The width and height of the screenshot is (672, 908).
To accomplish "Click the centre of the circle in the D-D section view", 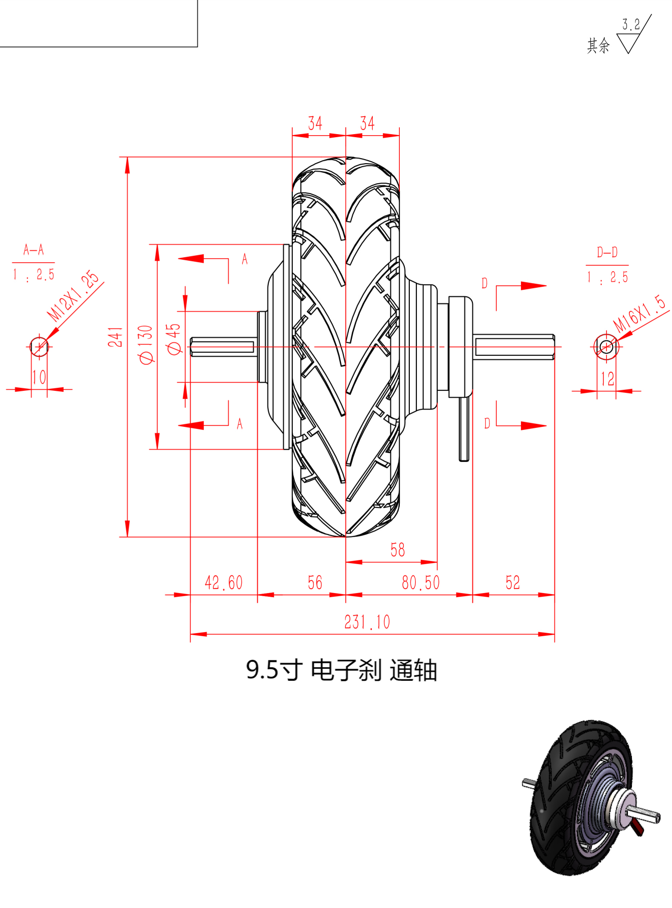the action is point(606,346).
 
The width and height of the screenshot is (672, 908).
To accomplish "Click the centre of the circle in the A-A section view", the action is point(39,346).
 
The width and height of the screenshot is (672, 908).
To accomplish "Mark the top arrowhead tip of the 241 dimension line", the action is point(128,158).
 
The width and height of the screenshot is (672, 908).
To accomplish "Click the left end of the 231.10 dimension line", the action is point(191,634).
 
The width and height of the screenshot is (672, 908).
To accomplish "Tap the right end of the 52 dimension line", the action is point(554,595).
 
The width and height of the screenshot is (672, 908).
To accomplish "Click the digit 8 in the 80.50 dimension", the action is point(406,583).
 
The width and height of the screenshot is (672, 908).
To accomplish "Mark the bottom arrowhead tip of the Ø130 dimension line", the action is point(157,449).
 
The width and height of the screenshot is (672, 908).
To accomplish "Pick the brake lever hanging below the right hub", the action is point(464,429).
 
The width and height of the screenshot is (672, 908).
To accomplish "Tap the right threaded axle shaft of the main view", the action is point(514,347).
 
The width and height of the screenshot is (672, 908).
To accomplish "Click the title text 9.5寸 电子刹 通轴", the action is point(342,670).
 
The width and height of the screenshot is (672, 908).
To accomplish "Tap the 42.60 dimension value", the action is point(224,583).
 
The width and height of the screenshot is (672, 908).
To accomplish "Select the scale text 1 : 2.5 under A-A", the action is point(34,275).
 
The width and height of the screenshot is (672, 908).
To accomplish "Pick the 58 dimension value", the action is point(398,550).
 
